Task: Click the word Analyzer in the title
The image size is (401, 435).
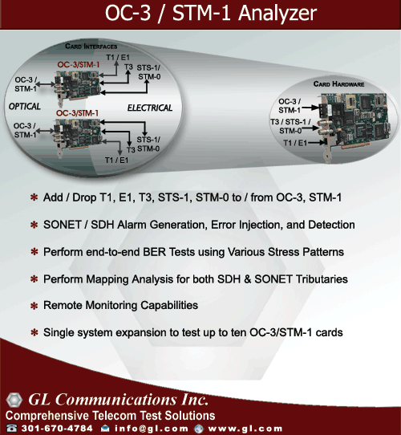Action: tap(277, 14)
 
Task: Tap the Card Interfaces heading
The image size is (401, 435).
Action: tap(91, 47)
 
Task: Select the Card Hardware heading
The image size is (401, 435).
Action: tap(338, 84)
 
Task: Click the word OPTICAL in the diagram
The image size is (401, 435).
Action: tap(24, 106)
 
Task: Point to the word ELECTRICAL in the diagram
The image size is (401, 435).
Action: tap(150, 108)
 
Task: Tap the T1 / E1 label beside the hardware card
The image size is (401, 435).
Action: tap(295, 143)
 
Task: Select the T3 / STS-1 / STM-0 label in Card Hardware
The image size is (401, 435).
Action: tap(290, 126)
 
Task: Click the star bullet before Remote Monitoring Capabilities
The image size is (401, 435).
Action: tap(34, 306)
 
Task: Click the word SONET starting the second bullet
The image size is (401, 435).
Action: tap(62, 225)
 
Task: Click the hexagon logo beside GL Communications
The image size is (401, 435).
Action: tap(14, 400)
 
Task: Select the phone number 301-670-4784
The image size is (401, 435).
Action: tap(57, 429)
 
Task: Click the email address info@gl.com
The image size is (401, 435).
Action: tap(151, 429)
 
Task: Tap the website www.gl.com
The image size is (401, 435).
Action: tap(245, 429)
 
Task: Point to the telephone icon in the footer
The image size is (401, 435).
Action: tap(12, 428)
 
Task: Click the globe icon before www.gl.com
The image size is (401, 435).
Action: tap(199, 429)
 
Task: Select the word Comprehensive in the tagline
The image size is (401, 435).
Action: tap(47, 416)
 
